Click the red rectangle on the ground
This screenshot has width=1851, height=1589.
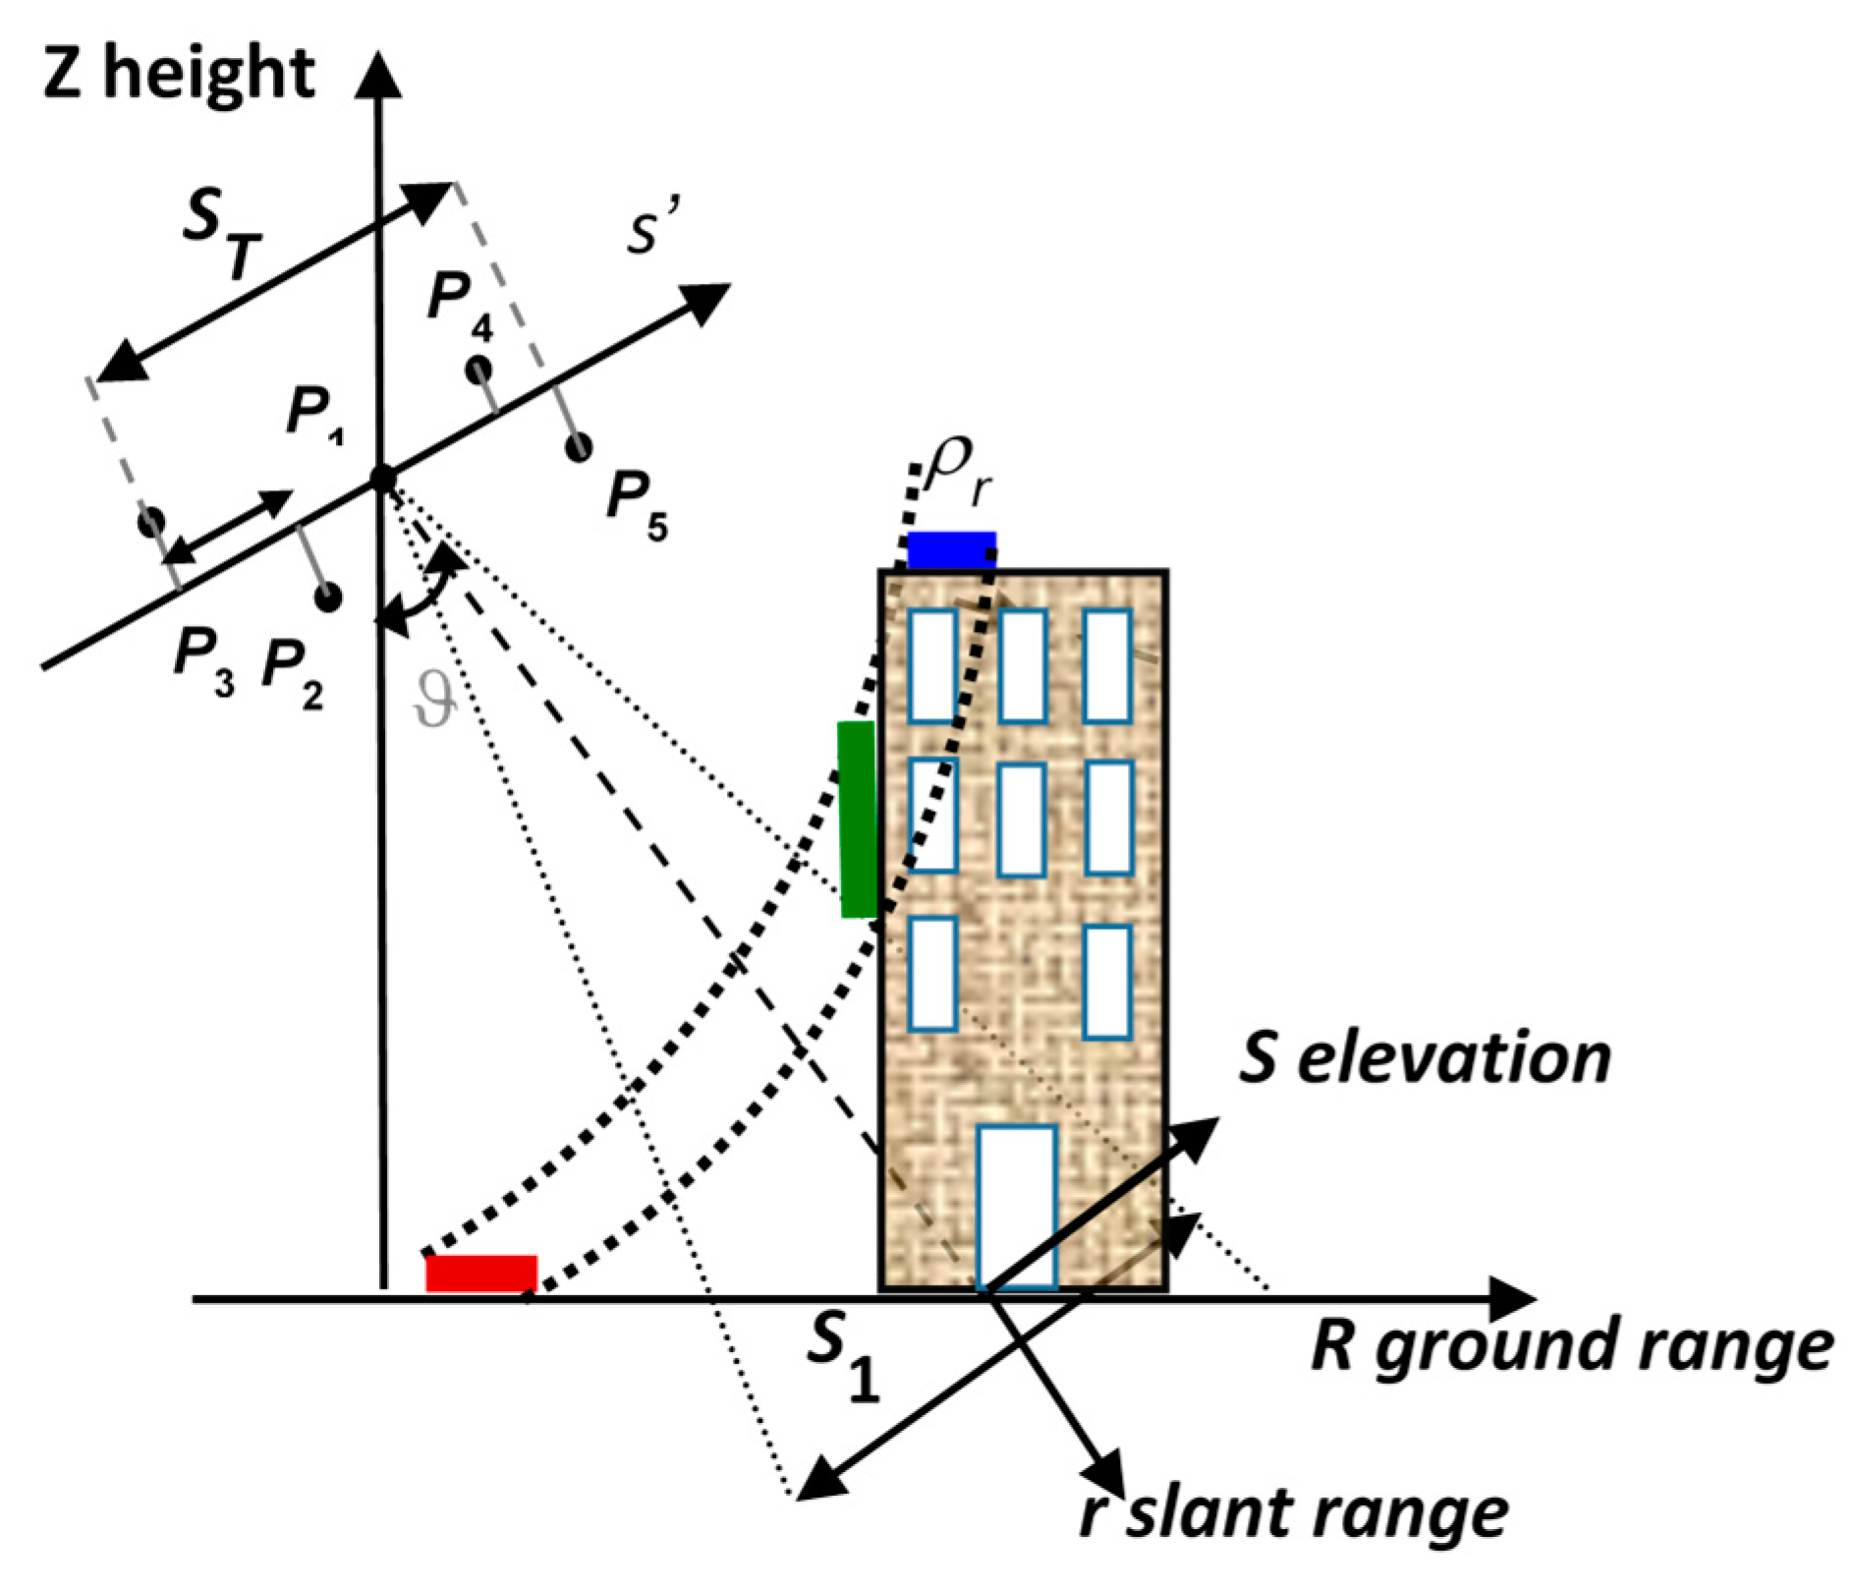point(481,1273)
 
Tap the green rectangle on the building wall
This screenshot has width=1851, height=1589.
point(858,819)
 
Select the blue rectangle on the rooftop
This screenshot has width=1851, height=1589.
point(950,549)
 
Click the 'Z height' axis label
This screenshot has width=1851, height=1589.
point(179,74)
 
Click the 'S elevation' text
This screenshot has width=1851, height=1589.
point(1424,1058)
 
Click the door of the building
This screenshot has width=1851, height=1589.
point(1017,1206)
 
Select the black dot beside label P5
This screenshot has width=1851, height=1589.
point(579,447)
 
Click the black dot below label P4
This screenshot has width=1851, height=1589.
point(478,369)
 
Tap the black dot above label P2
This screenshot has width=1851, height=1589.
point(328,596)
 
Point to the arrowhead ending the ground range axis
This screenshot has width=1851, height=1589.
point(1513,1299)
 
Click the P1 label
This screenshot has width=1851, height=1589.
point(314,413)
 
